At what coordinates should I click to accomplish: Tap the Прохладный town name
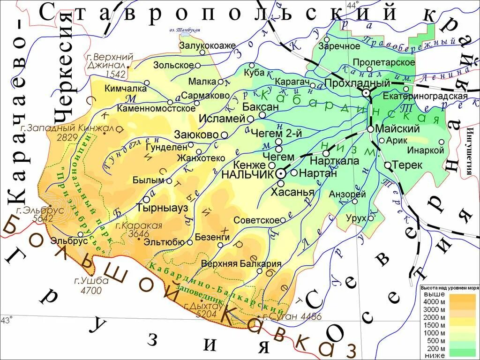(357, 83)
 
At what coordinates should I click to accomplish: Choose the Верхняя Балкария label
(241, 263)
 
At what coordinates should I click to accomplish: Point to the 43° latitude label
(6, 320)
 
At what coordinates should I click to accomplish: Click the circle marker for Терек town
(388, 165)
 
